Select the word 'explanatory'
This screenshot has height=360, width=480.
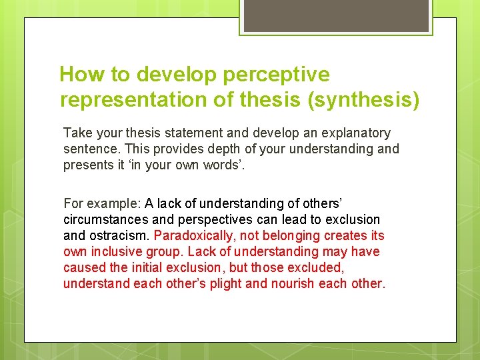(356, 133)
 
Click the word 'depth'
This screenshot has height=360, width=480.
(200, 149)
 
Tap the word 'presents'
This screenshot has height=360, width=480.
(87, 165)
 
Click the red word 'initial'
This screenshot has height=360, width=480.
(149, 267)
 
